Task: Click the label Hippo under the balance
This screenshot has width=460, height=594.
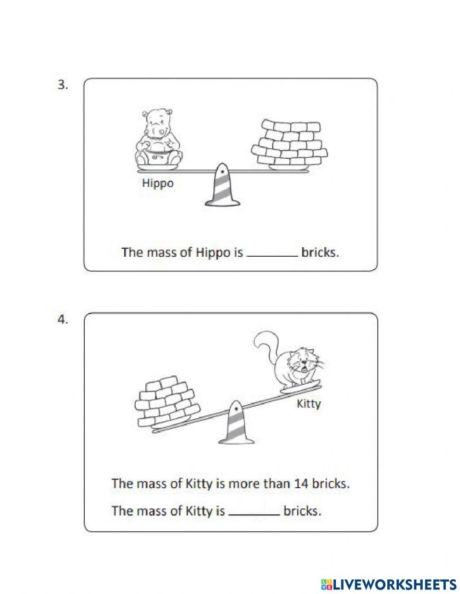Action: (x=158, y=184)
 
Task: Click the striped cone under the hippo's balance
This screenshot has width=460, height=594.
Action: (x=222, y=184)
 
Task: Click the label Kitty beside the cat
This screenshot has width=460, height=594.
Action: (x=309, y=404)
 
